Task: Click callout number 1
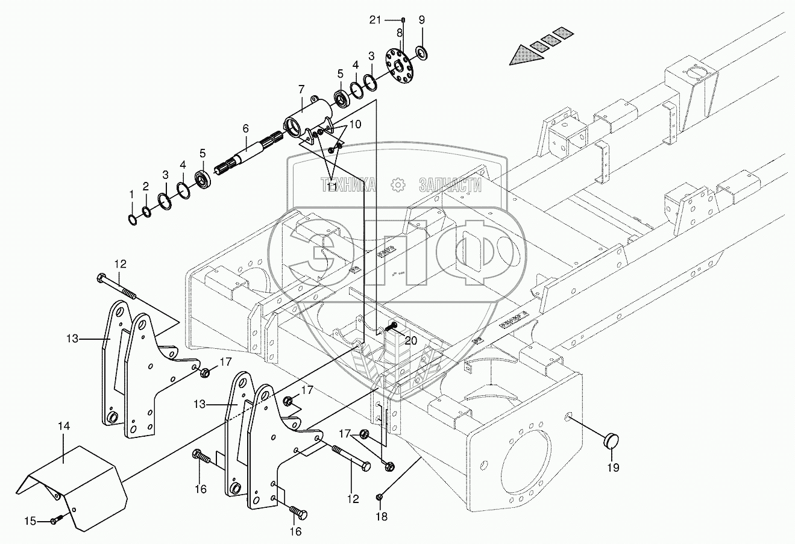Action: [132, 194]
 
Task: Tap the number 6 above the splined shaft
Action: [245, 128]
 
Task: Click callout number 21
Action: [376, 20]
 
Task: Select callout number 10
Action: [355, 125]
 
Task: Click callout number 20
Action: [410, 340]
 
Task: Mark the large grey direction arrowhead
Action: [523, 57]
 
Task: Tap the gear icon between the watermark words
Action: [397, 185]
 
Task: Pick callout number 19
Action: [613, 466]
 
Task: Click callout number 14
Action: [64, 426]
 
